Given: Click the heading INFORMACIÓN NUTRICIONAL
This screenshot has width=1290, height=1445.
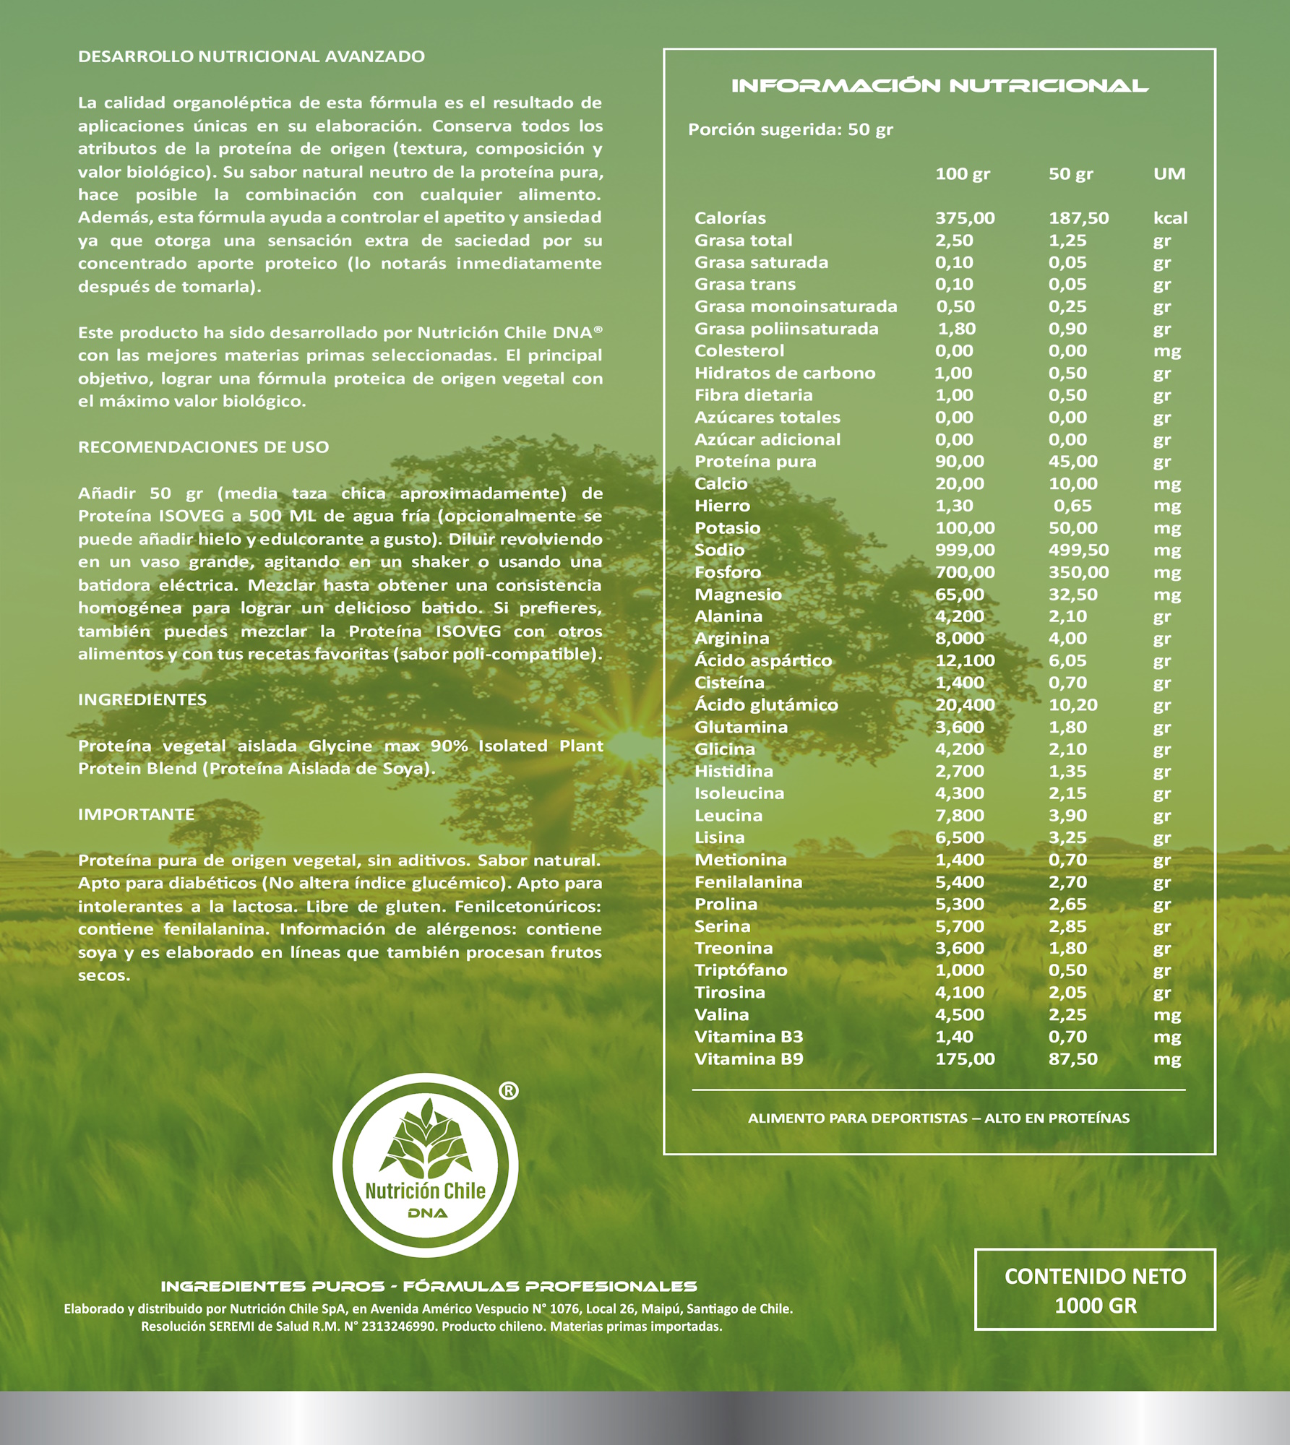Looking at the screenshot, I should [939, 86].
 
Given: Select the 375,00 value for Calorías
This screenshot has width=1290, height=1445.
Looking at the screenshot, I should [965, 218].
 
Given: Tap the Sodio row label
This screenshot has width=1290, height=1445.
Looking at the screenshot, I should [719, 550].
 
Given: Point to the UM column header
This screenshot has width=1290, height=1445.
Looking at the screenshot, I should [1169, 174].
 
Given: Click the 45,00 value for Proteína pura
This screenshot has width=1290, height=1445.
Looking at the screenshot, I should [1072, 462].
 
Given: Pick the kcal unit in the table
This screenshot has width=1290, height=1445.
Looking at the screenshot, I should [1170, 218].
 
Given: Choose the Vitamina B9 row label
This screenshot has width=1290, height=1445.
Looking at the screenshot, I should [749, 1059].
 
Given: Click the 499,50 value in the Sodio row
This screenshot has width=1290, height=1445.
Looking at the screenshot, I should [1078, 550].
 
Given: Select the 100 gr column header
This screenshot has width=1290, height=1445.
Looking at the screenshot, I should [962, 174].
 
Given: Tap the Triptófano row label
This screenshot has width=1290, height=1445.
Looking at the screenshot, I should [741, 970].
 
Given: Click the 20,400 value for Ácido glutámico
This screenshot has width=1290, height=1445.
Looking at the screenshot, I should [965, 704].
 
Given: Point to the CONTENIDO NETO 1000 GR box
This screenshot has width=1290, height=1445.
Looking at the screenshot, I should [1095, 1290].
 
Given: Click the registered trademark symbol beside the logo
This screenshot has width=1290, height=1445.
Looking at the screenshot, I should [508, 1091].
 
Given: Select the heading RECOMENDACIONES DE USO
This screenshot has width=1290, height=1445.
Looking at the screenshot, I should [203, 447].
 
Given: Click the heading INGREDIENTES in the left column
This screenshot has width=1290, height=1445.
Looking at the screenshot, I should [142, 699].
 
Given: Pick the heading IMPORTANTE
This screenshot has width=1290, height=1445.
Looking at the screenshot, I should [137, 814].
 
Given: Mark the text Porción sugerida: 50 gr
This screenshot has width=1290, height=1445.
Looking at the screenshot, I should [790, 130].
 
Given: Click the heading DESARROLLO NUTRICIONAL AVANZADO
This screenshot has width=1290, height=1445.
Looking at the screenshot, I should [251, 56].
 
